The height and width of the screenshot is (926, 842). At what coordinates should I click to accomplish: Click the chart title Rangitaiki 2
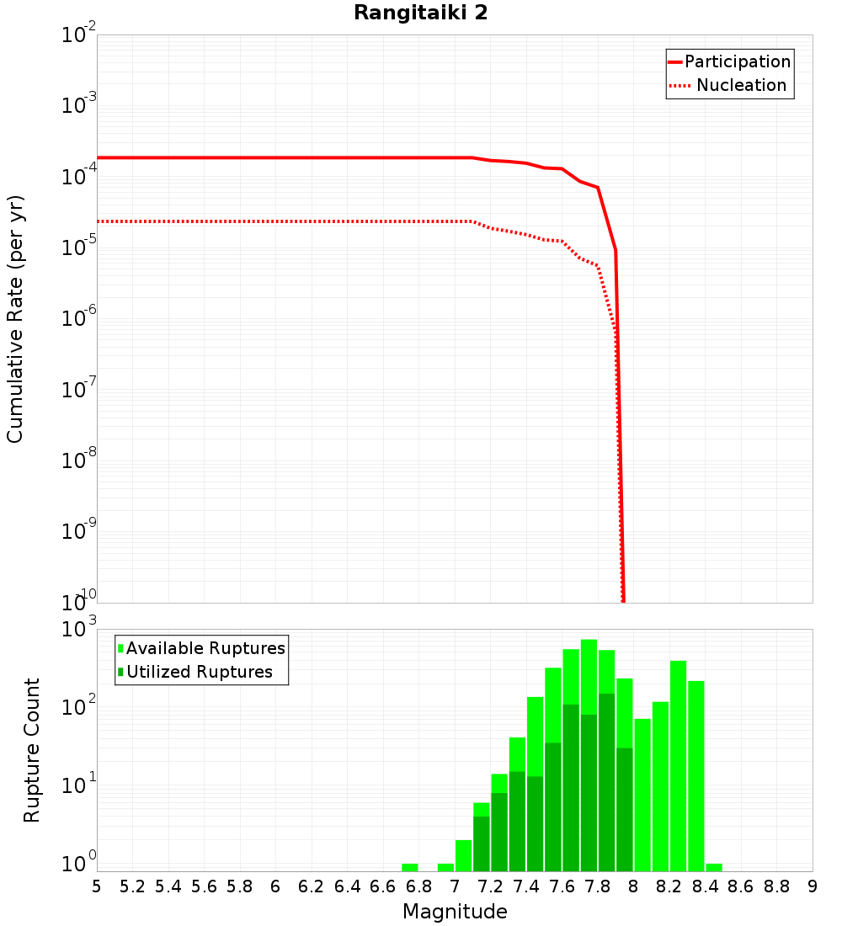420,13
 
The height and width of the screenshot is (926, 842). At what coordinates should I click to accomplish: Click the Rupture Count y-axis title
32,749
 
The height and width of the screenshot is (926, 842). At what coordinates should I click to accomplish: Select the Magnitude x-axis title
455,912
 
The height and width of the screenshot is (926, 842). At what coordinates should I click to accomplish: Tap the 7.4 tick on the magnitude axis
526,886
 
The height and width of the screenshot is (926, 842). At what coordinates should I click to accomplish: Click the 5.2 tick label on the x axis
133,886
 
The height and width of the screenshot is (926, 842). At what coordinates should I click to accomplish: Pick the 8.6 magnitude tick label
741,886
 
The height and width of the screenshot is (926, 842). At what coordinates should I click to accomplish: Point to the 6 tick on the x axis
275,886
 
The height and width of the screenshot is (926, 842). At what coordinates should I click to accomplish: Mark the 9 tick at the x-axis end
812,886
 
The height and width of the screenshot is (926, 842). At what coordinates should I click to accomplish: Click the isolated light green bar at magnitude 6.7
410,867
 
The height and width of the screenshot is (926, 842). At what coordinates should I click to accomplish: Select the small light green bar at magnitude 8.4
714,867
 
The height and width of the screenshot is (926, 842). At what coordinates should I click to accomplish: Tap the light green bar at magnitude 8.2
678,766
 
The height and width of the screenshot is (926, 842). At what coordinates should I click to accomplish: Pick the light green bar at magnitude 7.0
463,855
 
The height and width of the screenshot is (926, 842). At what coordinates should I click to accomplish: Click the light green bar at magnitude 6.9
445,867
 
